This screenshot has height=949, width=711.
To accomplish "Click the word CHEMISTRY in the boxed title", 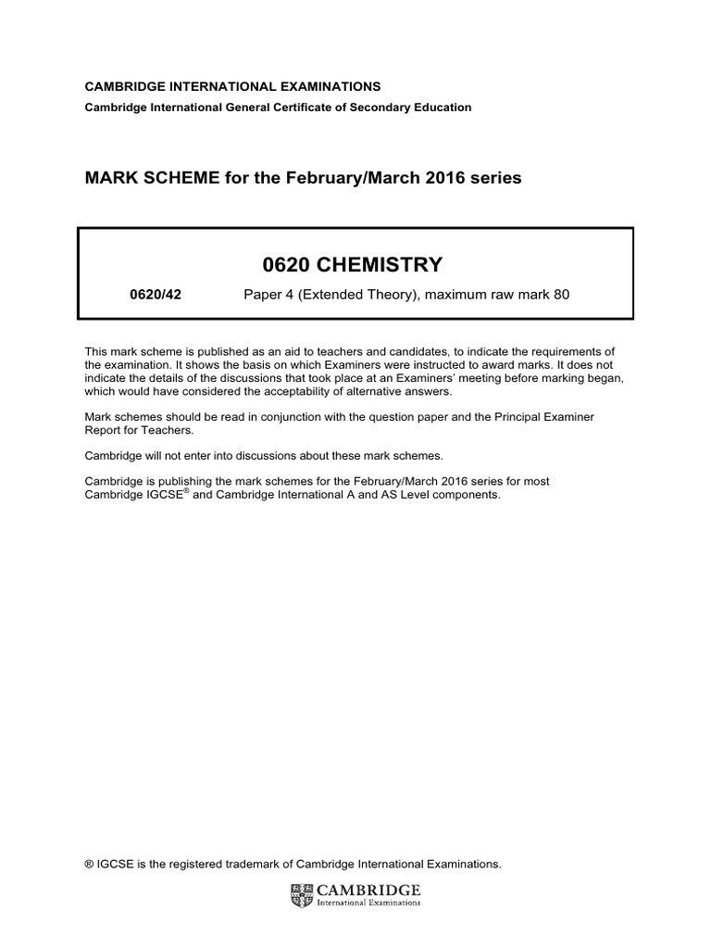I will point(380,266).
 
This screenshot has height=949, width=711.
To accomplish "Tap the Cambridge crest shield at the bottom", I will point(302,894).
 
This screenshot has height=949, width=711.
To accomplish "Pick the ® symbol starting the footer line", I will point(89,864).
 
